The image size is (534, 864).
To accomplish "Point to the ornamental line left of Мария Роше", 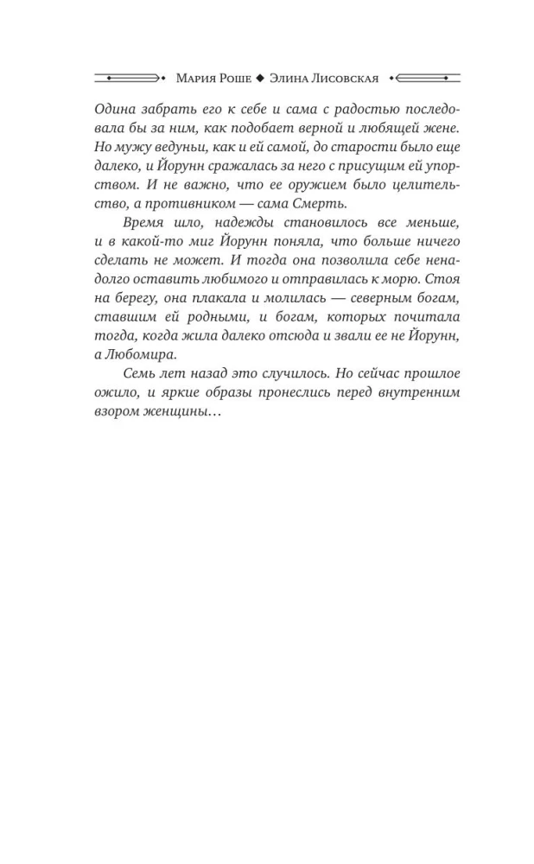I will click(x=129, y=79).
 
